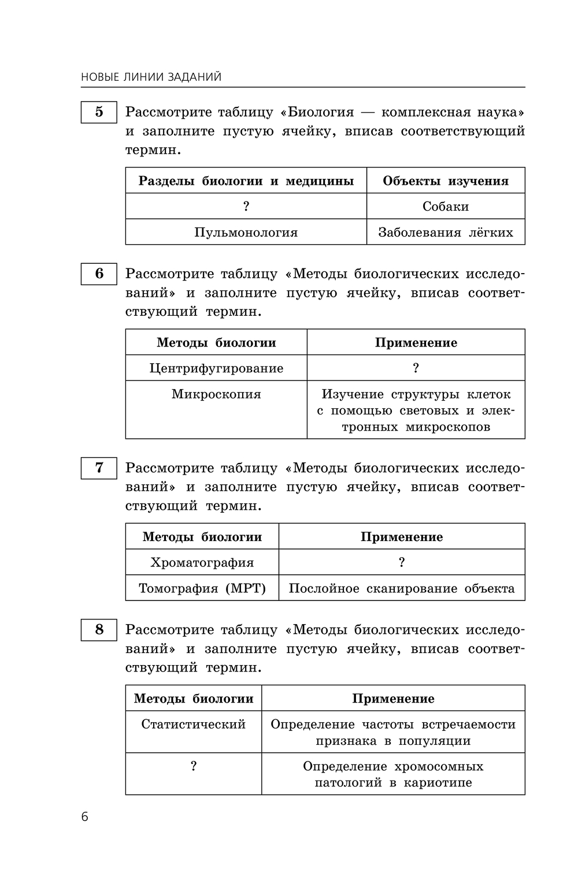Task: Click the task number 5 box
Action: (99, 111)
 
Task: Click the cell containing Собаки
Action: (446, 206)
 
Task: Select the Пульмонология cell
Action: (246, 232)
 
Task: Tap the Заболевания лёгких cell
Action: (446, 232)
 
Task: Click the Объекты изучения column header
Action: (446, 181)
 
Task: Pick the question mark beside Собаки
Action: (246, 206)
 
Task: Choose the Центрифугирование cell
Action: (216, 368)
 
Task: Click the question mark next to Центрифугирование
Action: (416, 368)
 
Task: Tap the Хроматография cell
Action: (202, 562)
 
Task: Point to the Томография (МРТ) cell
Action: (202, 588)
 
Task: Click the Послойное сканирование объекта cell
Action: (402, 588)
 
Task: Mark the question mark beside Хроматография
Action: (402, 562)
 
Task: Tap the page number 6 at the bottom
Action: (85, 816)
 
